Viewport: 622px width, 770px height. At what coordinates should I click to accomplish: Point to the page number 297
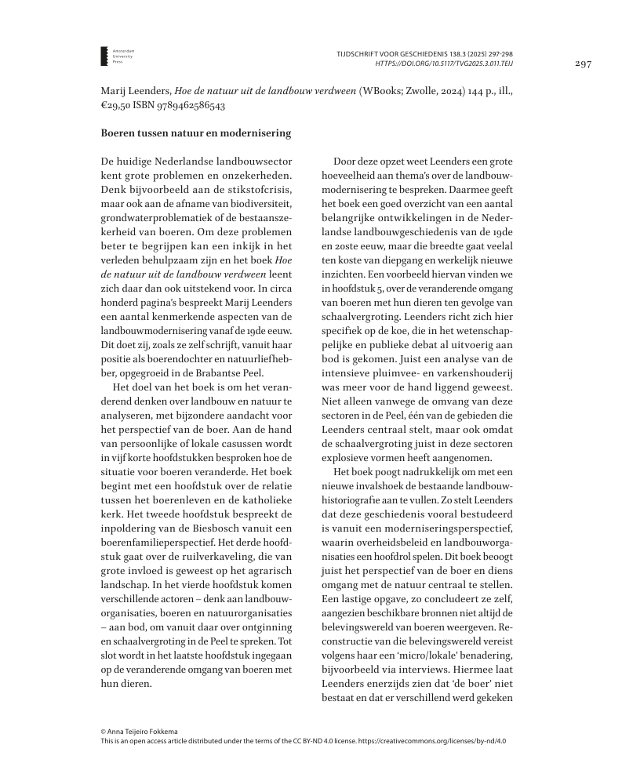[x=581, y=64]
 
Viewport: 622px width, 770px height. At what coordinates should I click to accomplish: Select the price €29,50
[x=117, y=106]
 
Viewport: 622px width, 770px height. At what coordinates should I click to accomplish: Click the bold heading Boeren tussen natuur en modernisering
[x=184, y=134]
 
